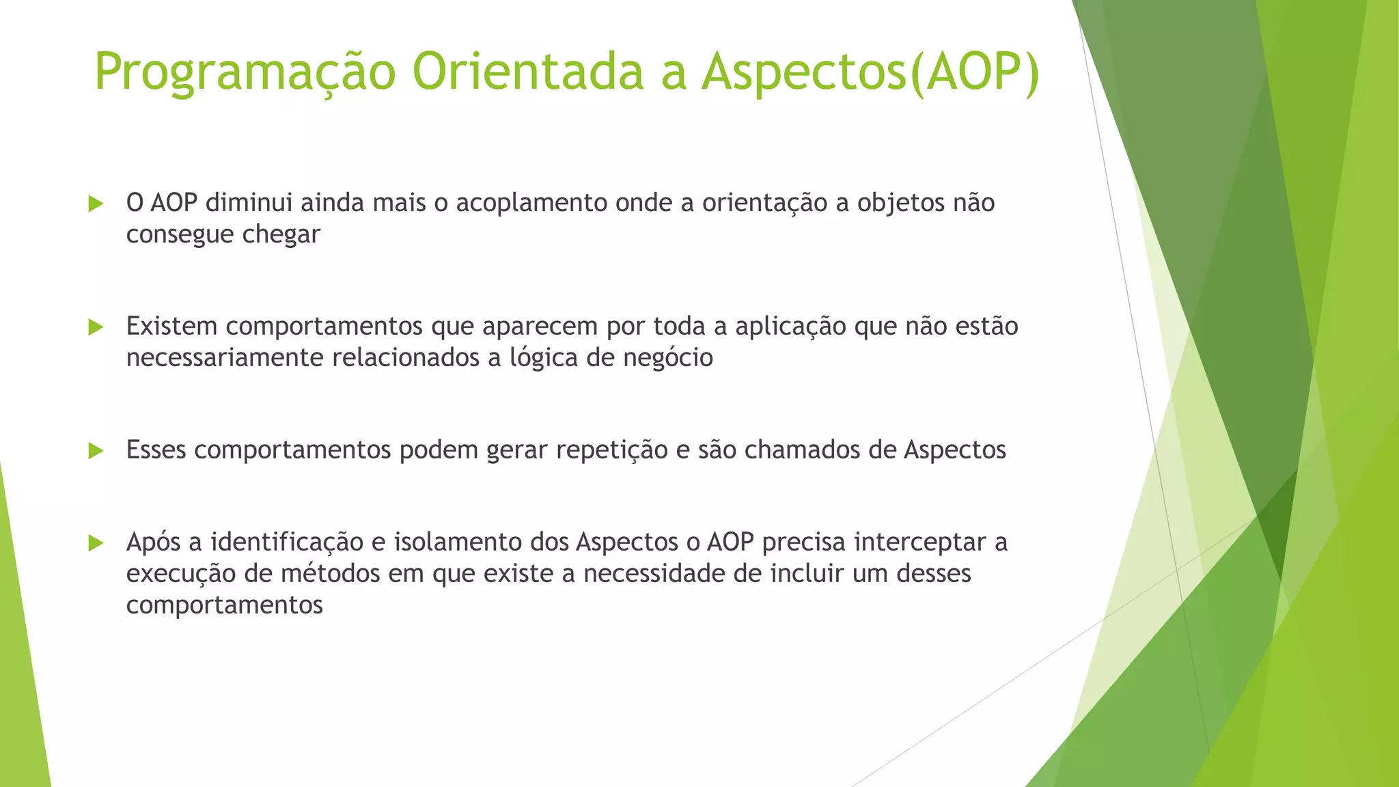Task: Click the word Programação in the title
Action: tap(245, 72)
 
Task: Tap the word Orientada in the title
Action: tap(527, 72)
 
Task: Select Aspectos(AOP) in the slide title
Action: tap(871, 72)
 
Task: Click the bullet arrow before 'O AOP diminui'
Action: tap(96, 204)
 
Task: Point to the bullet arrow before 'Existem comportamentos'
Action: tap(96, 327)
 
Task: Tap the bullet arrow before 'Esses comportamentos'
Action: tap(96, 451)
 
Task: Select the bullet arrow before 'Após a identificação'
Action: tap(96, 543)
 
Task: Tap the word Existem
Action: tap(171, 327)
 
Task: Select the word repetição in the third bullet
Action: tap(611, 450)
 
